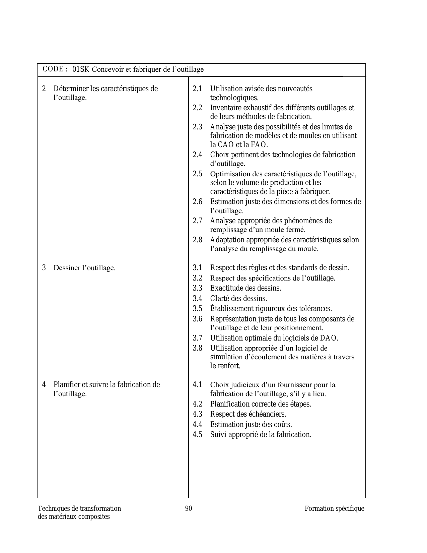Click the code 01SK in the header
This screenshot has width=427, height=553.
pos(81,69)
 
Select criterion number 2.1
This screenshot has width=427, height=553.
pos(197,89)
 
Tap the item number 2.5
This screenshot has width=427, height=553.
pos(197,174)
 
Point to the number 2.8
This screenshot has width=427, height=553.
pos(197,240)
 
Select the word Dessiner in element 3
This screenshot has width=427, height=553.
pos(66,268)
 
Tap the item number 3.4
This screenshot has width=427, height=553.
pos(197,298)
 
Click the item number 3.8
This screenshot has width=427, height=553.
pos(197,348)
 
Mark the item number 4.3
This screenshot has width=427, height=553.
pos(197,414)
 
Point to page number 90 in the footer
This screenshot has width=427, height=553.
pos(189,508)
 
